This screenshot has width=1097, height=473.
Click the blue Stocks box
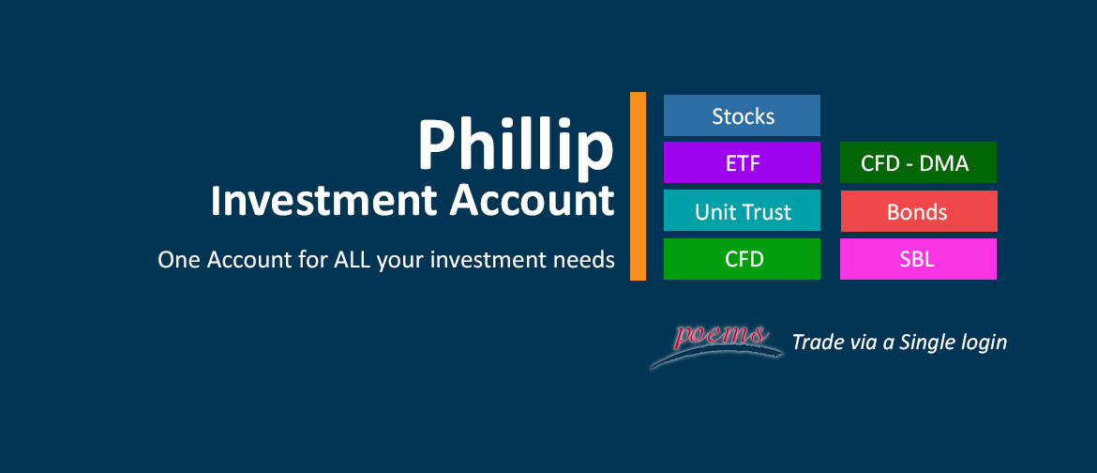pyautogui.click(x=742, y=115)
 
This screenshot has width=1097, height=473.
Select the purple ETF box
pyautogui.click(x=742, y=163)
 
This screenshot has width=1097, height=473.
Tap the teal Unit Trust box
pyautogui.click(x=742, y=211)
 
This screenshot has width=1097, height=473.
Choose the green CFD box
pyautogui.click(x=742, y=259)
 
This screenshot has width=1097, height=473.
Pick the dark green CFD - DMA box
pyautogui.click(x=917, y=163)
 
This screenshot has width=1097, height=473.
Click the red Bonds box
pyautogui.click(x=918, y=211)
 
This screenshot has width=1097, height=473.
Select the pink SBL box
pyautogui.click(x=918, y=259)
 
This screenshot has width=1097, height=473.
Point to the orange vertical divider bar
pyautogui.click(x=638, y=186)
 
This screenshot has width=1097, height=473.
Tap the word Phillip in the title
pyautogui.click(x=515, y=145)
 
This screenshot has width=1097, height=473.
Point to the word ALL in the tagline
pyautogui.click(x=353, y=260)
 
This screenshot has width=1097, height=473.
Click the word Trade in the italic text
pyautogui.click(x=817, y=343)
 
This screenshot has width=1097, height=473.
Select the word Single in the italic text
pyautogui.click(x=929, y=343)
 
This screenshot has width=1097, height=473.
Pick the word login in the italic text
pyautogui.click(x=985, y=343)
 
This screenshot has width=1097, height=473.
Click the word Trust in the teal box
pyautogui.click(x=767, y=211)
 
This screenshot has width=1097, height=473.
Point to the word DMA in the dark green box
pyautogui.click(x=945, y=163)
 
